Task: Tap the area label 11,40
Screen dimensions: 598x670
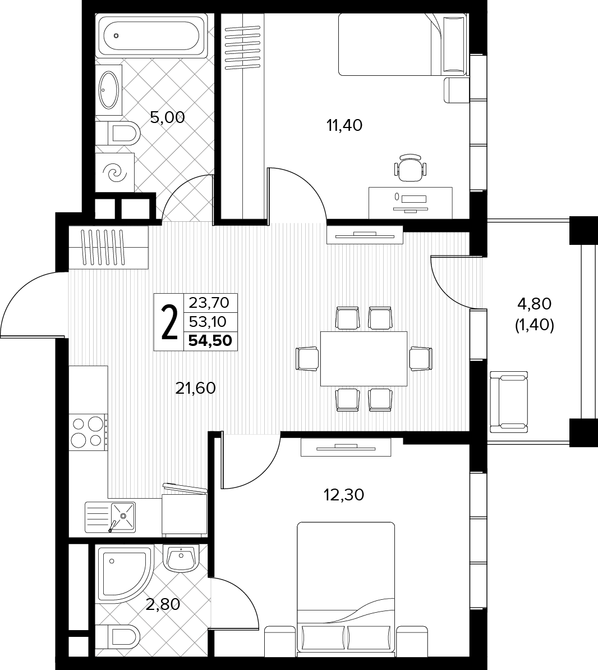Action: (x=344, y=125)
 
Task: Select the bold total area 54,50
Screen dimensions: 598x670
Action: (x=210, y=340)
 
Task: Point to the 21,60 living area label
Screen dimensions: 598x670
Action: (x=195, y=388)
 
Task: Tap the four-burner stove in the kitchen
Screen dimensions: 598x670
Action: (x=89, y=432)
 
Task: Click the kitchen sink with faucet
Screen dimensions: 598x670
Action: (x=110, y=517)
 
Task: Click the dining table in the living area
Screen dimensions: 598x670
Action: (x=364, y=358)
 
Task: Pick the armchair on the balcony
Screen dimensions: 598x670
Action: (x=509, y=402)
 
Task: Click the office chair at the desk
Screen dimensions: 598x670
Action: (x=410, y=167)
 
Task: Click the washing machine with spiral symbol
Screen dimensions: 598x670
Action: (x=115, y=172)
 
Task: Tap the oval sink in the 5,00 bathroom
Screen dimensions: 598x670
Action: (x=109, y=90)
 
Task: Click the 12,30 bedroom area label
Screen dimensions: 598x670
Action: (x=344, y=495)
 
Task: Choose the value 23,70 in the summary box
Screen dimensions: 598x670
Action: (x=209, y=303)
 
